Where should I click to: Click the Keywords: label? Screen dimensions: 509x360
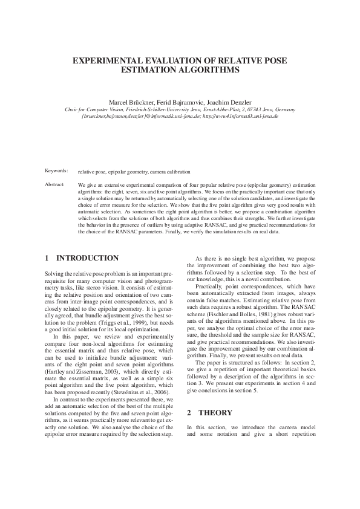point(57,172)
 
